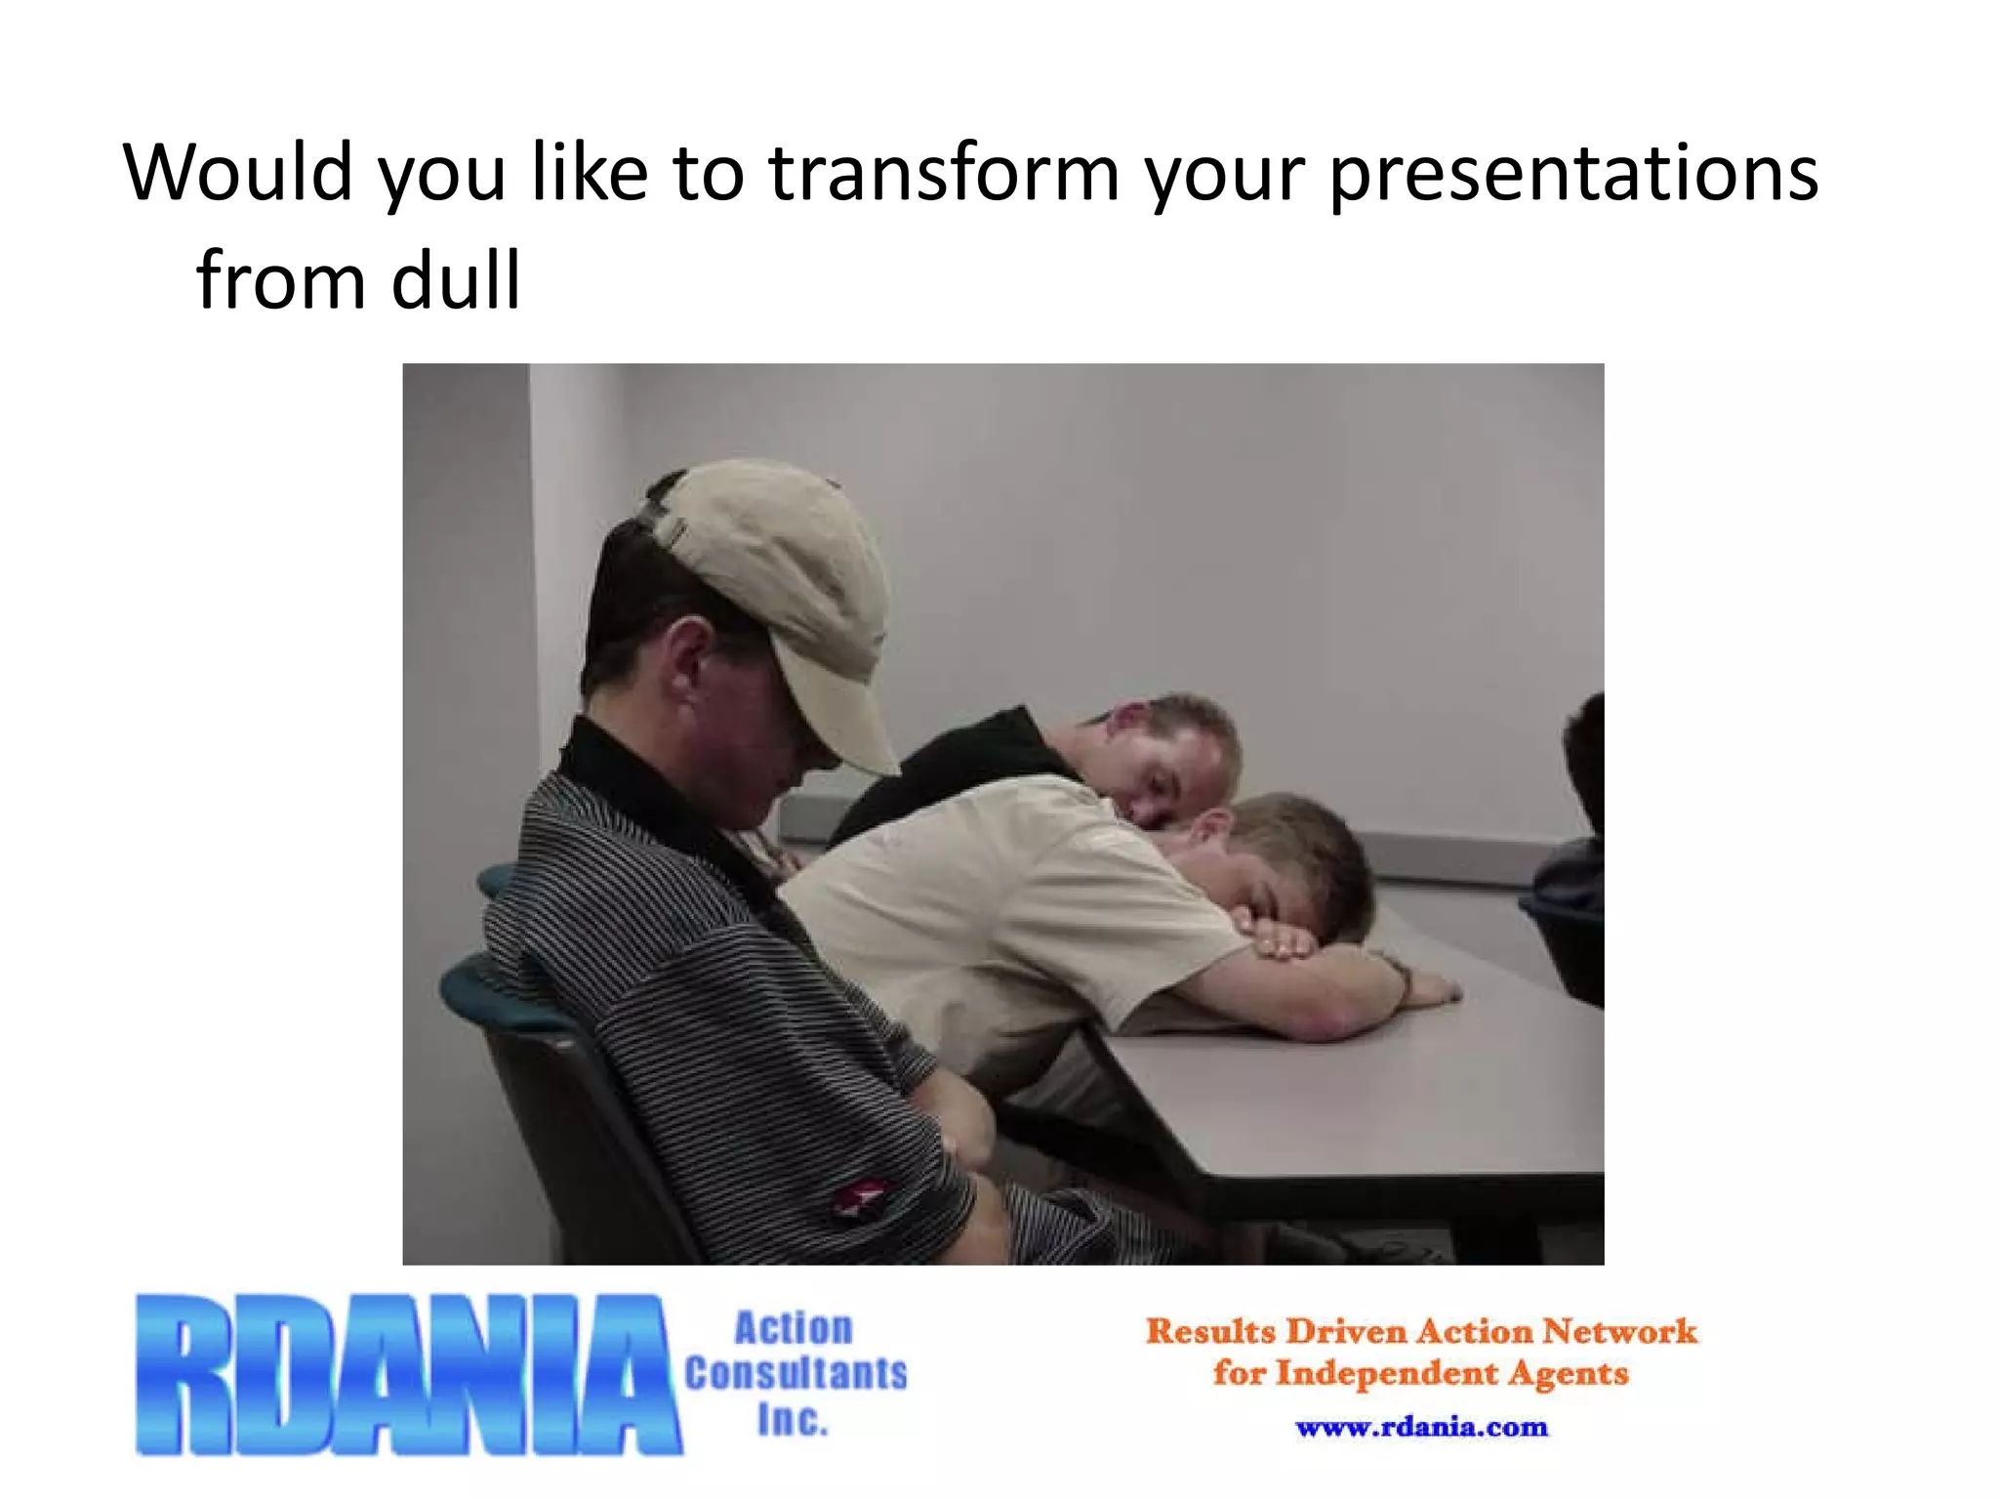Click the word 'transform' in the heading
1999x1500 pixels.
click(x=944, y=174)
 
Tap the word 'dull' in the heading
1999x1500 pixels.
click(x=456, y=281)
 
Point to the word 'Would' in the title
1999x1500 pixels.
click(x=237, y=174)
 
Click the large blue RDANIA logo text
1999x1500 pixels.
click(x=408, y=1375)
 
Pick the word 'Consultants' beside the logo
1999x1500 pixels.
click(x=796, y=1374)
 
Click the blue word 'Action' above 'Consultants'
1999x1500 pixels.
click(x=794, y=1329)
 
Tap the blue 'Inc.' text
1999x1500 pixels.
click(x=793, y=1420)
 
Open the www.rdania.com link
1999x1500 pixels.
click(x=1421, y=1428)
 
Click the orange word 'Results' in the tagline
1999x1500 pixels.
click(x=1210, y=1332)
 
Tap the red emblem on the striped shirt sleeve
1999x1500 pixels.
click(x=862, y=1197)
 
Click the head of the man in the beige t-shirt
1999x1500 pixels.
click(x=1279, y=859)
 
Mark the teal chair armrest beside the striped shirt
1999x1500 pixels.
click(x=488, y=986)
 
